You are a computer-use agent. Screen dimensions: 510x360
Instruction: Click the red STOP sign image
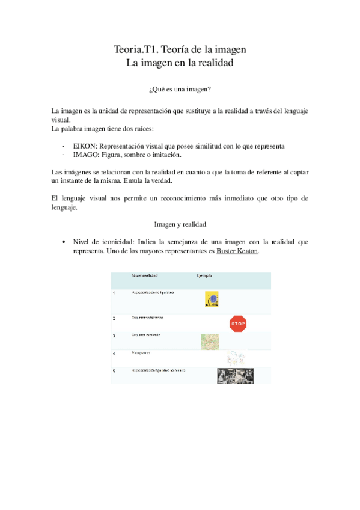(238, 324)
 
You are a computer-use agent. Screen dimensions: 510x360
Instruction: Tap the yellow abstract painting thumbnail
(211, 299)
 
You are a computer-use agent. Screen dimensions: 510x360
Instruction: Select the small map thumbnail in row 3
(210, 341)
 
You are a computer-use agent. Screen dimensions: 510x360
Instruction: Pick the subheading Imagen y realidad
(180, 224)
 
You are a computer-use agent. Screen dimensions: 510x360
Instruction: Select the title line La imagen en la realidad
(180, 62)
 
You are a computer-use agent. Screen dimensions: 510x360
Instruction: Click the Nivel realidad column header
(145, 275)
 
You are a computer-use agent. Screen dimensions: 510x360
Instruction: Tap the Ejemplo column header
(204, 275)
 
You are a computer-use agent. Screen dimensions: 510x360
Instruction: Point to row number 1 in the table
(114, 293)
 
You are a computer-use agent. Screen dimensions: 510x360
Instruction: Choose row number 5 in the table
(114, 371)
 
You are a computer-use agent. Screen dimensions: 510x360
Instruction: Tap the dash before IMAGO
(64, 155)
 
